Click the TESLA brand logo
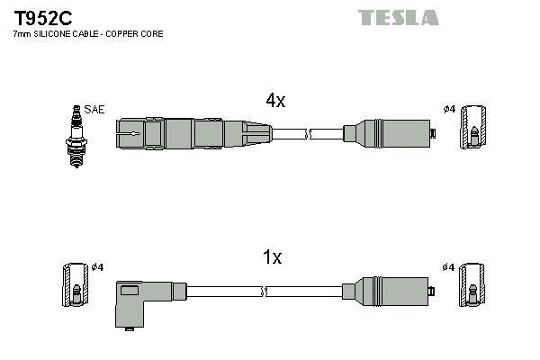(x=399, y=17)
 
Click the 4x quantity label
(x=275, y=102)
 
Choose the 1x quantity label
(x=272, y=258)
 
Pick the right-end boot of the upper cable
(x=390, y=134)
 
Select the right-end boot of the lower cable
(x=390, y=291)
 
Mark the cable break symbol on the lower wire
(x=265, y=292)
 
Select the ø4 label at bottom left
(x=98, y=266)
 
